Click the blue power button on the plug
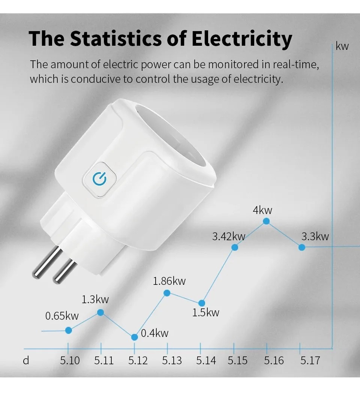click(99, 180)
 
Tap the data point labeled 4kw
click(266, 221)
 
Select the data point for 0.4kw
click(135, 337)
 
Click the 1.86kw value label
click(169, 281)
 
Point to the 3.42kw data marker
click(235, 247)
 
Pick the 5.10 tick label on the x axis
click(70, 361)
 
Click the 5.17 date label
click(310, 361)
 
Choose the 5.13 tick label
click(172, 361)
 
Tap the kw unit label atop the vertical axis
click(342, 46)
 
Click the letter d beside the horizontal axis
click(26, 361)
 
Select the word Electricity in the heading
click(242, 39)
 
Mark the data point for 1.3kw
click(100, 312)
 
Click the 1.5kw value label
click(205, 313)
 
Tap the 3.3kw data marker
click(301, 247)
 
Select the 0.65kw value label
click(62, 316)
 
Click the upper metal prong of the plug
click(47, 262)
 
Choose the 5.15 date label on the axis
click(238, 361)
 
